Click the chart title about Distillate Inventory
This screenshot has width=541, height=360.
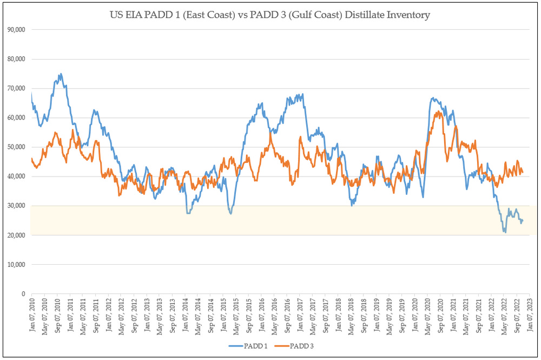[x=270, y=15]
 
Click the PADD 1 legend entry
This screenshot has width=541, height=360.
[x=250, y=346]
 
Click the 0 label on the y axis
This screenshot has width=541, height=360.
[x=23, y=293]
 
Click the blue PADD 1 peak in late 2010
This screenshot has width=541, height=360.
[x=61, y=74]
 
